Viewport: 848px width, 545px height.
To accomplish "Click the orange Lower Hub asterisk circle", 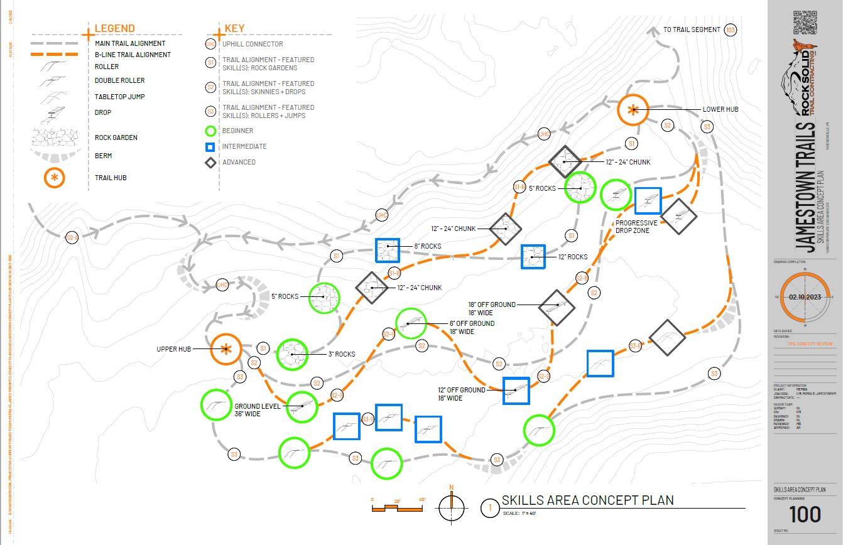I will [633, 111].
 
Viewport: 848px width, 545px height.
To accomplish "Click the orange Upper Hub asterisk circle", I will [226, 349].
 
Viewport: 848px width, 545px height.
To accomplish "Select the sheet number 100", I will [805, 514].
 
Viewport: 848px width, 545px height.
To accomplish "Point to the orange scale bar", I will [398, 507].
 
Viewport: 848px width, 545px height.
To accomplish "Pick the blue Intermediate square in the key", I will [210, 146].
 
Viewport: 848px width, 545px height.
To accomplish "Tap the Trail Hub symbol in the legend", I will [55, 178].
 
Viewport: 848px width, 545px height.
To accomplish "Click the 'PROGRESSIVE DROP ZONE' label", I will [636, 227].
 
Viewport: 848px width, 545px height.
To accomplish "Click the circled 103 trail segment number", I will [730, 30].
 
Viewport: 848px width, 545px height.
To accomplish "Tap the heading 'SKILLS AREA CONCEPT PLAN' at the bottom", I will [587, 500].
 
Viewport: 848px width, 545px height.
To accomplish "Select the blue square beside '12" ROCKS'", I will [533, 257].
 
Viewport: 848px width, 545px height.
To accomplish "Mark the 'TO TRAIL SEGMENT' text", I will [692, 30].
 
